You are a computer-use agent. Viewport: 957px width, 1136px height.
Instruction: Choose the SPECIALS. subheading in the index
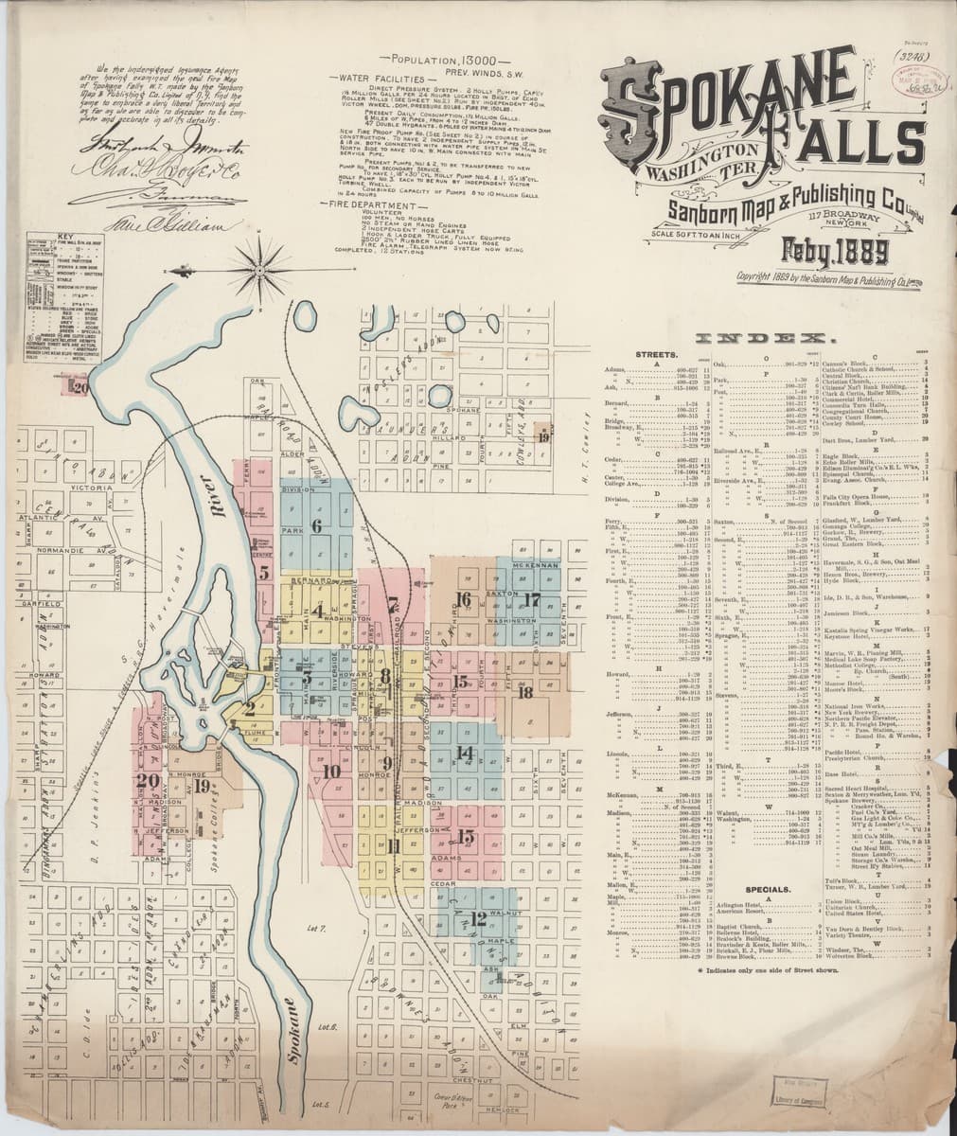[x=768, y=890]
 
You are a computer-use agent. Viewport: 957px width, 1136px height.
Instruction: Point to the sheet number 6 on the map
[x=317, y=525]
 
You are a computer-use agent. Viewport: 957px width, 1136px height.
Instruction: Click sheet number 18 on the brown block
[x=526, y=690]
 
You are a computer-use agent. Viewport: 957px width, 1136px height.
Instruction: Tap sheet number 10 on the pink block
[x=330, y=772]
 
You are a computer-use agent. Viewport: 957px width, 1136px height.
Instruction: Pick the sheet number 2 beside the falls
[x=248, y=708]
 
